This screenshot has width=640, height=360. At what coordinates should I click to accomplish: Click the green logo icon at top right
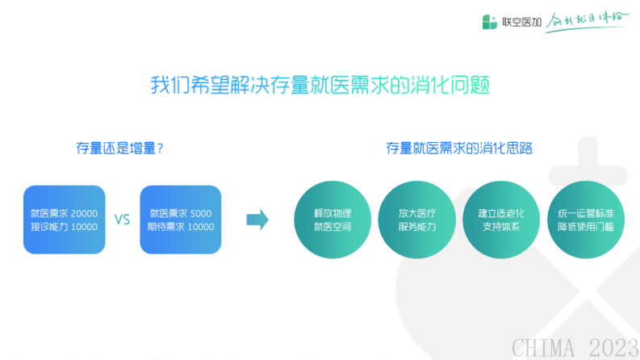click(489, 22)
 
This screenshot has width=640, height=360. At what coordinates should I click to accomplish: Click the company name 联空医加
click(518, 22)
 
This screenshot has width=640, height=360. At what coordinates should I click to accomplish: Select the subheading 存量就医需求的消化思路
click(459, 149)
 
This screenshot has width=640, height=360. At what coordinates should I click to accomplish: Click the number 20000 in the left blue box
click(83, 214)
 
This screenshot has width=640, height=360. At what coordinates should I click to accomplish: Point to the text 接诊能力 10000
click(65, 227)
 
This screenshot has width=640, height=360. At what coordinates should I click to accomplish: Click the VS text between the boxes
click(122, 220)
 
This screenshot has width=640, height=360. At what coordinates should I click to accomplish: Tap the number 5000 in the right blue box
click(201, 214)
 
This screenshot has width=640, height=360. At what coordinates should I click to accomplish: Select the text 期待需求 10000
click(181, 227)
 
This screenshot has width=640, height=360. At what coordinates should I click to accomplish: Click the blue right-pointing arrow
click(257, 220)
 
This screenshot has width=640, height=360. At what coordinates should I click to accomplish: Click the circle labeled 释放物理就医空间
click(333, 220)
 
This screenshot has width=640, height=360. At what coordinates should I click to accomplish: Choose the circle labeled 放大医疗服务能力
click(417, 220)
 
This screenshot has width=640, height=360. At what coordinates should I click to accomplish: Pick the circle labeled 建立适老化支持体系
click(501, 220)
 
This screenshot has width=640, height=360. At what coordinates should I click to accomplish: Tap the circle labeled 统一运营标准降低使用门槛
click(585, 220)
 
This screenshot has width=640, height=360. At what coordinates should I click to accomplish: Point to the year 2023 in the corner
click(613, 347)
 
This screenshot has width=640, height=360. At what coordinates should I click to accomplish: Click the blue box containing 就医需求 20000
click(65, 220)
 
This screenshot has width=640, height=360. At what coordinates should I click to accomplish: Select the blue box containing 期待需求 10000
click(181, 220)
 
